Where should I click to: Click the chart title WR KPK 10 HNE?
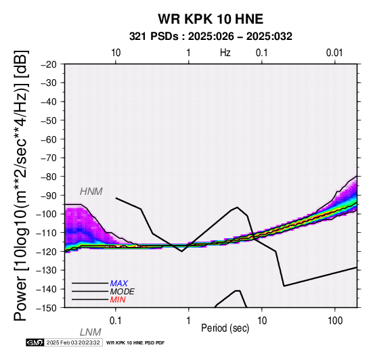coord(211,19)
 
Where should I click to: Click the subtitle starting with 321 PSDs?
coord(211,37)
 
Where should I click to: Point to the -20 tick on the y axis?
coord(49,64)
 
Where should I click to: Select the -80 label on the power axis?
coord(49,177)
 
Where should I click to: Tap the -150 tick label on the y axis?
coord(47,308)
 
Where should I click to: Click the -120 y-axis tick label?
coord(47,252)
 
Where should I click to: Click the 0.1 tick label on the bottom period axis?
coord(116,321)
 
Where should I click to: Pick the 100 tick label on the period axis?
coord(335,321)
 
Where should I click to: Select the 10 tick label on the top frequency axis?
coord(116,53)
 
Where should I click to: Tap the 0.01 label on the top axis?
coord(334,53)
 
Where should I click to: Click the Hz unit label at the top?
coord(225,53)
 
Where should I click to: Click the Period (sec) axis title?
coord(225,328)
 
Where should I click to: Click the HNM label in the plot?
coord(91,192)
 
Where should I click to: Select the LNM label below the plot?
coord(91,332)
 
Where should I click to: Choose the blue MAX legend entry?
coord(119,284)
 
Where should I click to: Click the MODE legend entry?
coord(123,292)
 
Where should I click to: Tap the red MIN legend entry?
coord(118,300)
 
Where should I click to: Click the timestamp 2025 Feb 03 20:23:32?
coord(73,342)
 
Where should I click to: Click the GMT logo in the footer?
coord(35,342)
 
